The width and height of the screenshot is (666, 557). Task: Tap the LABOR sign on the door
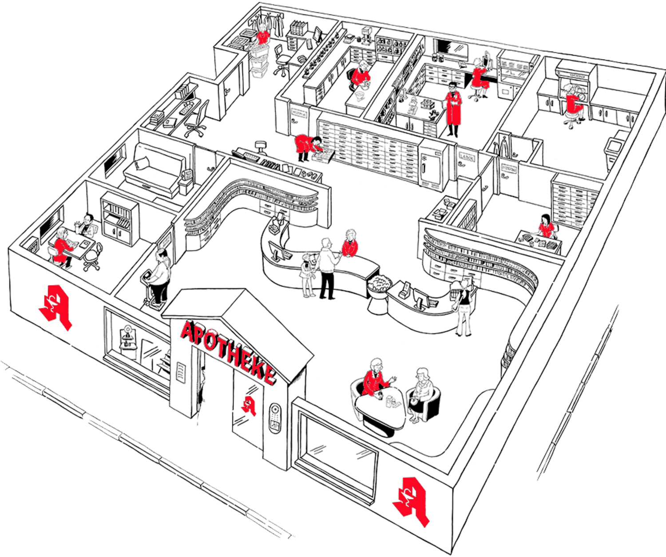pyautogui.click(x=467, y=157)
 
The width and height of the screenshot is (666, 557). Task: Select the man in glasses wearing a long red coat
pyautogui.click(x=453, y=108)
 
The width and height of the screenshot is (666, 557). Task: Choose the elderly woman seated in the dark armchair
pyautogui.click(x=420, y=393)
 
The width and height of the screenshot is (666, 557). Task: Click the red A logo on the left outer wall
pyautogui.click(x=55, y=307)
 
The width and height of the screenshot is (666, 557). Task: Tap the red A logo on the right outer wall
pyautogui.click(x=412, y=501)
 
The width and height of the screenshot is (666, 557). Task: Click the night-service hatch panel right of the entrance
pyautogui.click(x=275, y=418)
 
